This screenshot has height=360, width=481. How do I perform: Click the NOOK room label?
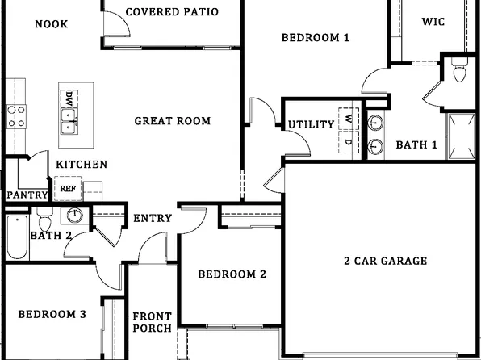tap(51, 23)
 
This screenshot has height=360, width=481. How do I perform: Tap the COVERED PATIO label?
tap(172, 12)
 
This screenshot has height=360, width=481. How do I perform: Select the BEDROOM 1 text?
tap(315, 36)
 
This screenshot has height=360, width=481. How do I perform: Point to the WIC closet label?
tap(433, 22)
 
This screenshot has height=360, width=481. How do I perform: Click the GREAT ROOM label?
tap(172, 121)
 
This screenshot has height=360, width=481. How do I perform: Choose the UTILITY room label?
tap(311, 124)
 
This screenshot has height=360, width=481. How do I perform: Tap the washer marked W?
tap(349, 118)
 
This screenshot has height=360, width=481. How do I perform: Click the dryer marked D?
tap(349, 142)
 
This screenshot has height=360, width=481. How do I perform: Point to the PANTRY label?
tap(27, 195)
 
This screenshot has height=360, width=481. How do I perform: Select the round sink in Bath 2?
tap(75, 216)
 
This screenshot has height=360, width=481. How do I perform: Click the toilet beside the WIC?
tap(460, 71)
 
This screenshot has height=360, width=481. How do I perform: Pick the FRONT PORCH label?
tap(152, 322)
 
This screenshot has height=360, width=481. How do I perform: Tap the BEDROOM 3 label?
tap(52, 314)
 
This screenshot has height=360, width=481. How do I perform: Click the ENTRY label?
tap(152, 219)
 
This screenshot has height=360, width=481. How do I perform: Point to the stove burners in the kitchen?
tap(16, 116)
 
